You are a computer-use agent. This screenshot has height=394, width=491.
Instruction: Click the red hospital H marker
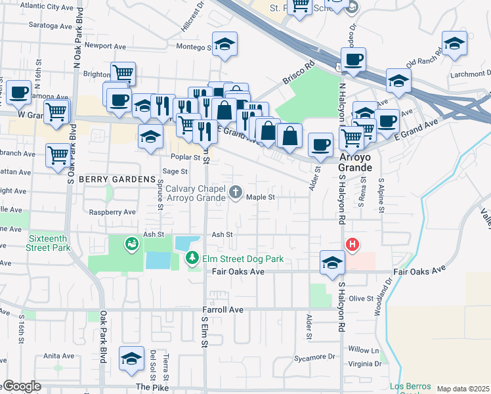[352, 245]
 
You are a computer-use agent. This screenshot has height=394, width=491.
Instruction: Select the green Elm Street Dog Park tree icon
[192, 259]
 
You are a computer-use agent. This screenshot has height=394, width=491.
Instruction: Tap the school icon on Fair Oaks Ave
[332, 263]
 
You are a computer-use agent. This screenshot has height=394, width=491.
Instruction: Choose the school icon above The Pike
[131, 358]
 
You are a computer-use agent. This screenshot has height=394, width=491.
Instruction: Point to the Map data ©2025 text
[463, 389]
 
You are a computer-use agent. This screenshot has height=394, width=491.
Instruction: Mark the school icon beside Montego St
[224, 44]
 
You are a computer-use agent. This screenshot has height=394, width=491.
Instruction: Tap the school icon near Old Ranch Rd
[454, 44]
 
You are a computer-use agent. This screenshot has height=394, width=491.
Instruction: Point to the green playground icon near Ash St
[131, 244]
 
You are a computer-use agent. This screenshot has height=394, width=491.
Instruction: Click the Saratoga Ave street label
[53, 25]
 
